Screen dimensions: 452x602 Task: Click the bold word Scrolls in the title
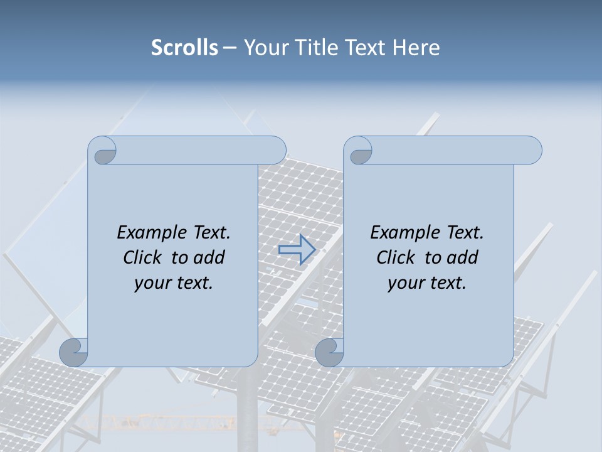click(184, 48)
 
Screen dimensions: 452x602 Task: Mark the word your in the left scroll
click(150, 283)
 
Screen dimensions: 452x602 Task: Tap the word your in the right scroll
click(404, 283)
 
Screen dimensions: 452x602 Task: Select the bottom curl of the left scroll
click(74, 352)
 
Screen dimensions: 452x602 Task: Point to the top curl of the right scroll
click(359, 151)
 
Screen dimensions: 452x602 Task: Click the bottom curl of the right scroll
click(330, 352)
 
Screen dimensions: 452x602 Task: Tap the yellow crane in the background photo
click(150, 419)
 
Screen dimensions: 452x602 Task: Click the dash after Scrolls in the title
click(230, 48)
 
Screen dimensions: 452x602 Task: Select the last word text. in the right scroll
click(446, 283)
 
